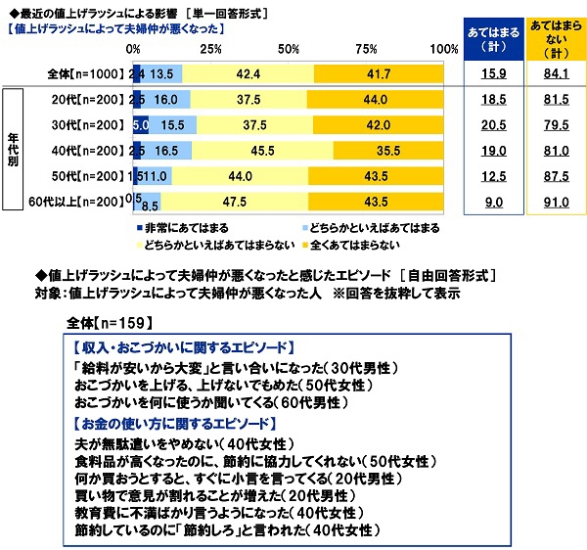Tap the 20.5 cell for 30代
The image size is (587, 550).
pos(495,125)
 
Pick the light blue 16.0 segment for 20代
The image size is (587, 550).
pos(166,99)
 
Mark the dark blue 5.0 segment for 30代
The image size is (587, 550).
pos(140,125)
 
